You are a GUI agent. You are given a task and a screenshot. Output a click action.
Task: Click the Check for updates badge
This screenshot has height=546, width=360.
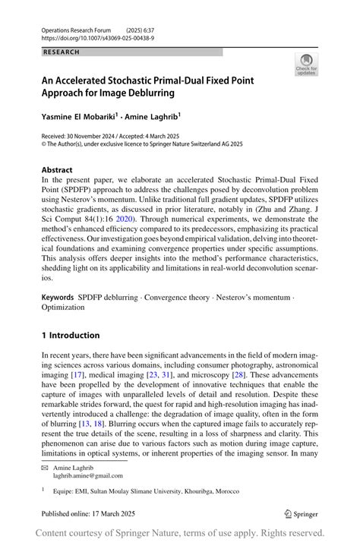pos(306,64)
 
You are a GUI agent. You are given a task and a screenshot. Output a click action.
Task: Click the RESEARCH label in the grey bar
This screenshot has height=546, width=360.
pos(61,52)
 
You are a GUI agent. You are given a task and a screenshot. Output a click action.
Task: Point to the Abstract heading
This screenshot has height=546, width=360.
pos(57,170)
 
